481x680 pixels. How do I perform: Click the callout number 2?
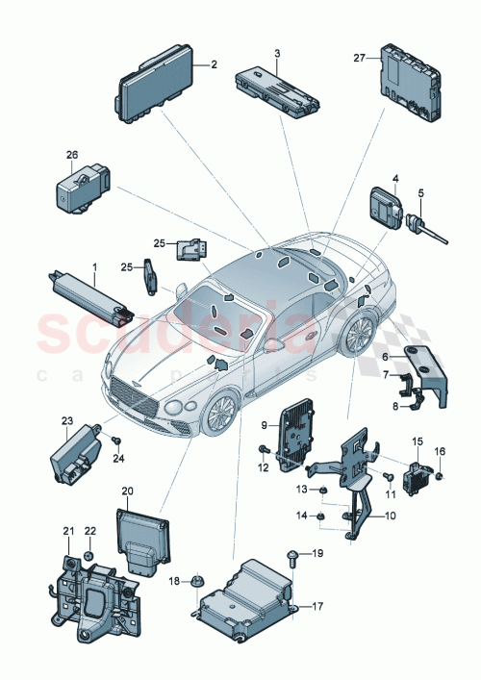point(214,64)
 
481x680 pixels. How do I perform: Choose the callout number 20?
point(127,491)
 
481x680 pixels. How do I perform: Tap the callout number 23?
point(67,420)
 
